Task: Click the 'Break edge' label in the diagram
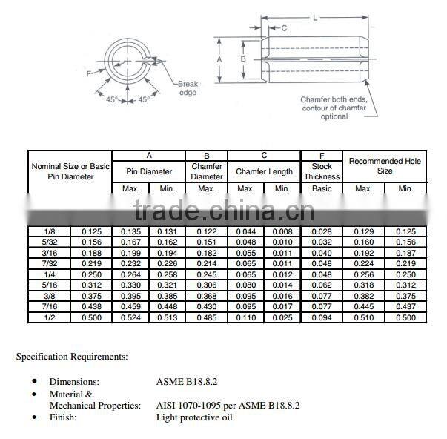tap(188, 88)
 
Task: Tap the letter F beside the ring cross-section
tap(89, 74)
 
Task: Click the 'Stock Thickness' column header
tap(322, 171)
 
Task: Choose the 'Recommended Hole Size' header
tap(385, 166)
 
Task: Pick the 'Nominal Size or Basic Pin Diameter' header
tap(70, 171)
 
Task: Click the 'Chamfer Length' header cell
tap(264, 171)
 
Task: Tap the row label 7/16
tap(49, 307)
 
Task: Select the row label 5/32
tap(49, 242)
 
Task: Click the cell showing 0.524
tap(130, 317)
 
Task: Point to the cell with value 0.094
tap(322, 317)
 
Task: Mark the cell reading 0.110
tap(245, 317)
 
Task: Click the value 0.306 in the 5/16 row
tap(206, 285)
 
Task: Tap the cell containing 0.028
tap(322, 231)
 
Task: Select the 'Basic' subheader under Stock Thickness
tap(322, 188)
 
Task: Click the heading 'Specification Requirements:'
tap(72, 357)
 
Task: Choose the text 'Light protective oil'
tap(194, 417)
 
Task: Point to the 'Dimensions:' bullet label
tap(74, 382)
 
